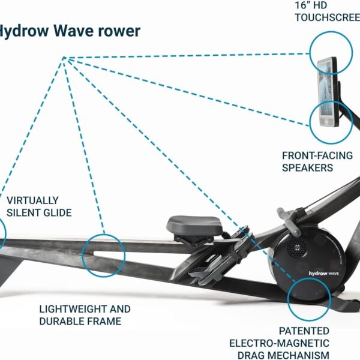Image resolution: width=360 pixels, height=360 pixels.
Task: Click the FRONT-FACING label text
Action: [317, 155]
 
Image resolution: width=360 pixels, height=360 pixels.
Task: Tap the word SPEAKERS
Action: [307, 167]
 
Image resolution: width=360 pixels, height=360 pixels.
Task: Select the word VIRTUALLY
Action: [33, 200]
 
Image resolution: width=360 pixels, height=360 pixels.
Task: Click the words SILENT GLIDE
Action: [39, 212]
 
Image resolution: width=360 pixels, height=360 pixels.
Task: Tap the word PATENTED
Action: [304, 331]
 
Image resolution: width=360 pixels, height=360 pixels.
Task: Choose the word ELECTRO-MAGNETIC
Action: [279, 343]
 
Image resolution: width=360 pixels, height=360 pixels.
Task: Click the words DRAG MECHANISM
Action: [280, 355]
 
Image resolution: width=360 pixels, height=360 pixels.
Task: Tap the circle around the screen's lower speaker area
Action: [331, 122]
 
